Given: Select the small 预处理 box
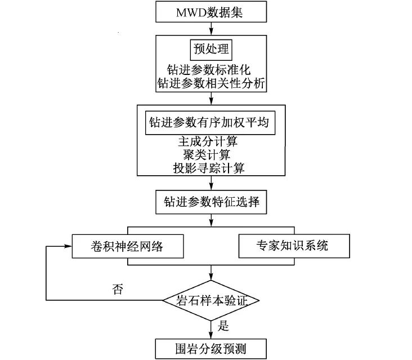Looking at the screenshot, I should [211, 50].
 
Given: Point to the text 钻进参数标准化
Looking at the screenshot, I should [211, 69].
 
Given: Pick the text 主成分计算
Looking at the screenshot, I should [208, 141].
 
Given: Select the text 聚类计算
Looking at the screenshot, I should [208, 154].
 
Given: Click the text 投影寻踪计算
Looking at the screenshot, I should [208, 167].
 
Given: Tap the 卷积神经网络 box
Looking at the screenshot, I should [120, 245].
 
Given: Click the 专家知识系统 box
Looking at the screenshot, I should [293, 245].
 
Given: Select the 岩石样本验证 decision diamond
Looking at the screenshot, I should [211, 300].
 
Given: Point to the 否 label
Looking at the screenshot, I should [117, 290].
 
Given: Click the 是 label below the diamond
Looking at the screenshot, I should [223, 326].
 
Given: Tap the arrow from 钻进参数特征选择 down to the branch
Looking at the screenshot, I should [211, 220].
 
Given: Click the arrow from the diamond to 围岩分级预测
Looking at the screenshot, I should [211, 328].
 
